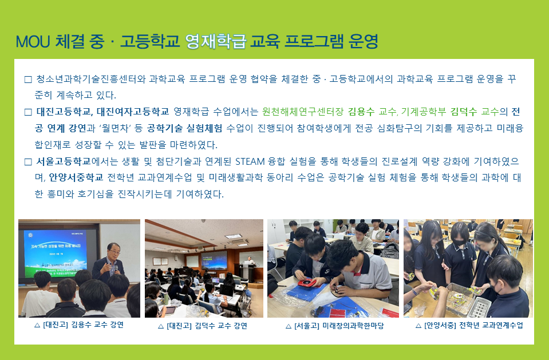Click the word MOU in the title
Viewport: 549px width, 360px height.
(33, 41)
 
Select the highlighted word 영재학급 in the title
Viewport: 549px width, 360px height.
(216, 41)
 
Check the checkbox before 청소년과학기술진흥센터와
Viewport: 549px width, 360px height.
(28, 80)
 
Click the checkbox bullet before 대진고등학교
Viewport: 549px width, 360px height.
(28, 112)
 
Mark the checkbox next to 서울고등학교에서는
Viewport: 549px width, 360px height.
(28, 162)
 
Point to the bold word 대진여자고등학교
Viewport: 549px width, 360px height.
(133, 112)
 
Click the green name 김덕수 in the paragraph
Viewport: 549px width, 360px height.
(463, 112)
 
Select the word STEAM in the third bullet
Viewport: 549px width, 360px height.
(250, 161)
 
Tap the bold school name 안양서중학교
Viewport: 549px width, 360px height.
(76, 177)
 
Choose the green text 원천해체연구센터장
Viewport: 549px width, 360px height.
(303, 112)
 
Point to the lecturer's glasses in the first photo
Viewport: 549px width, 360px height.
(113, 250)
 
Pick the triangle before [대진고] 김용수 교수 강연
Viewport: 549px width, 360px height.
(37, 325)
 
